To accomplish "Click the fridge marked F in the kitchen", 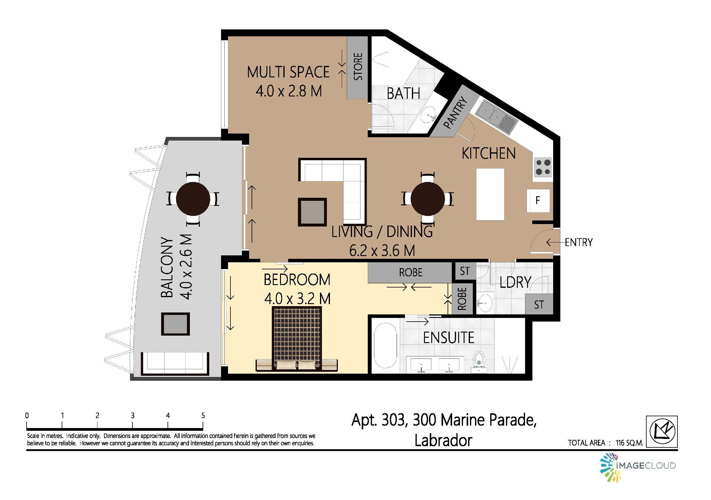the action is click(538, 200).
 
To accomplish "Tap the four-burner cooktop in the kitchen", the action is click(543, 167).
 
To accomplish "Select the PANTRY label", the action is click(455, 113).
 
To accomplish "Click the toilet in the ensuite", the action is click(479, 360).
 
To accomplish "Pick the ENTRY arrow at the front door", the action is click(555, 242).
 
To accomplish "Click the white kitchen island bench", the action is click(490, 194).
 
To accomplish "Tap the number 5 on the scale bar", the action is click(203, 415).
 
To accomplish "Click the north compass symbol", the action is click(662, 431).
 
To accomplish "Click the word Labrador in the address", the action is click(443, 440).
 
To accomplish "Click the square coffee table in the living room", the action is click(312, 212).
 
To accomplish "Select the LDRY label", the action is click(515, 282).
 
